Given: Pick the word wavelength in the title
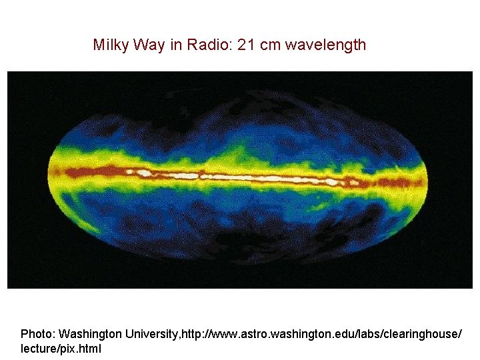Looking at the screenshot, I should click(327, 45).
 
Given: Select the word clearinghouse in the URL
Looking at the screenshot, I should click(420, 333).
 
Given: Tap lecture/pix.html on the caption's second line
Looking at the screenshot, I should click(61, 348).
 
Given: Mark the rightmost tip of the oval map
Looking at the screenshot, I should click(427, 176).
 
